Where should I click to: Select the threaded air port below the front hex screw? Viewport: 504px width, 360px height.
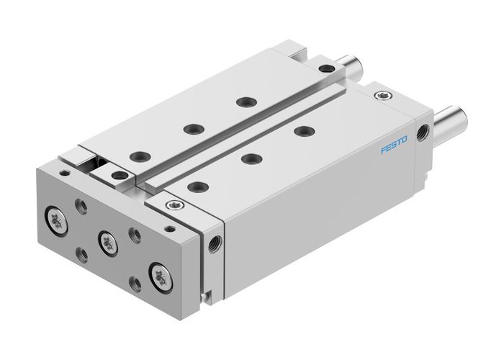[214, 240]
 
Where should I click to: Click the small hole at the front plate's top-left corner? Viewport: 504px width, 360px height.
[66, 173]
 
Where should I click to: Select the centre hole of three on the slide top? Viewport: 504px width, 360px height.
[191, 129]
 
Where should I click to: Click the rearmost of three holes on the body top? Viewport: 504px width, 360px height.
[305, 130]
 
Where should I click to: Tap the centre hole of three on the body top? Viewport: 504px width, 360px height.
[250, 158]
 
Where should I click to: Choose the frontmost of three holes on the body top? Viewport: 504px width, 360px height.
[194, 186]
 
